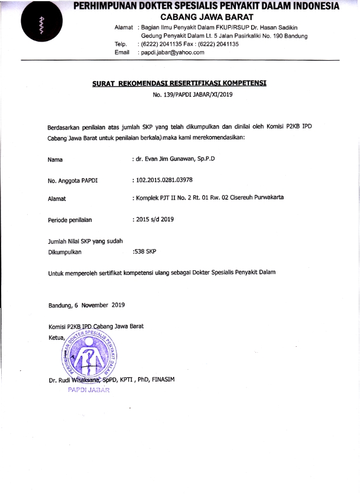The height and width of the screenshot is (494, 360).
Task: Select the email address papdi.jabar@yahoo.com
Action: [171, 52]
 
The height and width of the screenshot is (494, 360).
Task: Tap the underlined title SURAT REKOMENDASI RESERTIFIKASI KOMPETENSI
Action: [179, 84]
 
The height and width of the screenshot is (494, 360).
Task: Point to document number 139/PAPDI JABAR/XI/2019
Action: [193, 94]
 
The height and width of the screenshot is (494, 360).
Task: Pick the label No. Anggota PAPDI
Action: [73, 181]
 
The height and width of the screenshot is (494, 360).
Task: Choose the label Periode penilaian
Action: [70, 221]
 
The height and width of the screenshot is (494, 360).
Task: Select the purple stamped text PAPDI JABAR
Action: [89, 390]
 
